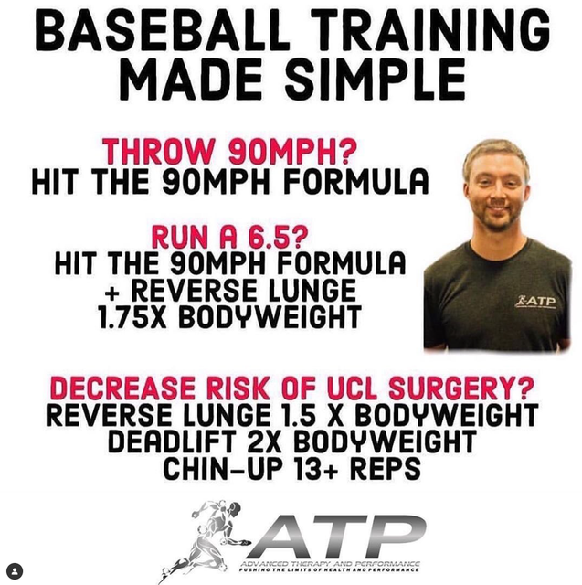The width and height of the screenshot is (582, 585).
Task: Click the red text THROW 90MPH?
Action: point(230,152)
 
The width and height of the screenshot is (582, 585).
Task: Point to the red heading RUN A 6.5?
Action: point(230,237)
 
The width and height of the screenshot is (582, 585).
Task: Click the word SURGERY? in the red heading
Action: point(460,388)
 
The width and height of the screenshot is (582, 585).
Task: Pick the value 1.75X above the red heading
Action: point(132,317)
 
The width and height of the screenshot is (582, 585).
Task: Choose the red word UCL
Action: point(353,388)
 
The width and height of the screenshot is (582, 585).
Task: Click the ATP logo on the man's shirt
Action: point(535,302)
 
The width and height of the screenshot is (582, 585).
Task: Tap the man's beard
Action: point(495,217)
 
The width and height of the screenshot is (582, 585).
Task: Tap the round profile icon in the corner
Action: point(15,571)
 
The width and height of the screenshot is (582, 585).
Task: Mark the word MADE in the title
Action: point(191,80)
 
